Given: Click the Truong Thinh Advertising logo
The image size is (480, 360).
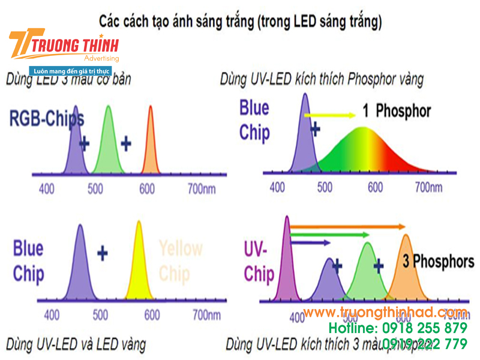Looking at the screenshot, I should [63, 47].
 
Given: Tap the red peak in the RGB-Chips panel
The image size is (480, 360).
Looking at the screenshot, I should [151, 144].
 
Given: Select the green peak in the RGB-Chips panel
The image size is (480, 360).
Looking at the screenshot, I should [109, 144].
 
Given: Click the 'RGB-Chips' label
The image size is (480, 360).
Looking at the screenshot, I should [47, 119].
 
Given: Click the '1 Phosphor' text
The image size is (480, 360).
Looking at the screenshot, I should [397, 111].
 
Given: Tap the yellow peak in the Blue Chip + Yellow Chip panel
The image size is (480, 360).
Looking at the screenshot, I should [139, 264].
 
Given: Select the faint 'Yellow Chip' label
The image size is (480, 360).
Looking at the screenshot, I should [181, 260].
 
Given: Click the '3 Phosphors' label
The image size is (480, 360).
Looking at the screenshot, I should [438, 262].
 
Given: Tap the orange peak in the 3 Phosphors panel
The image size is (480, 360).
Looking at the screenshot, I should [406, 270].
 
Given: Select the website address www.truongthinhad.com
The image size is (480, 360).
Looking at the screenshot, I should [385, 313].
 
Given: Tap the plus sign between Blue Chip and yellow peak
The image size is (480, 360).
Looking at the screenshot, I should [103, 253].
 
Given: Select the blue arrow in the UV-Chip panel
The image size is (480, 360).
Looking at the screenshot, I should [310, 242].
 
